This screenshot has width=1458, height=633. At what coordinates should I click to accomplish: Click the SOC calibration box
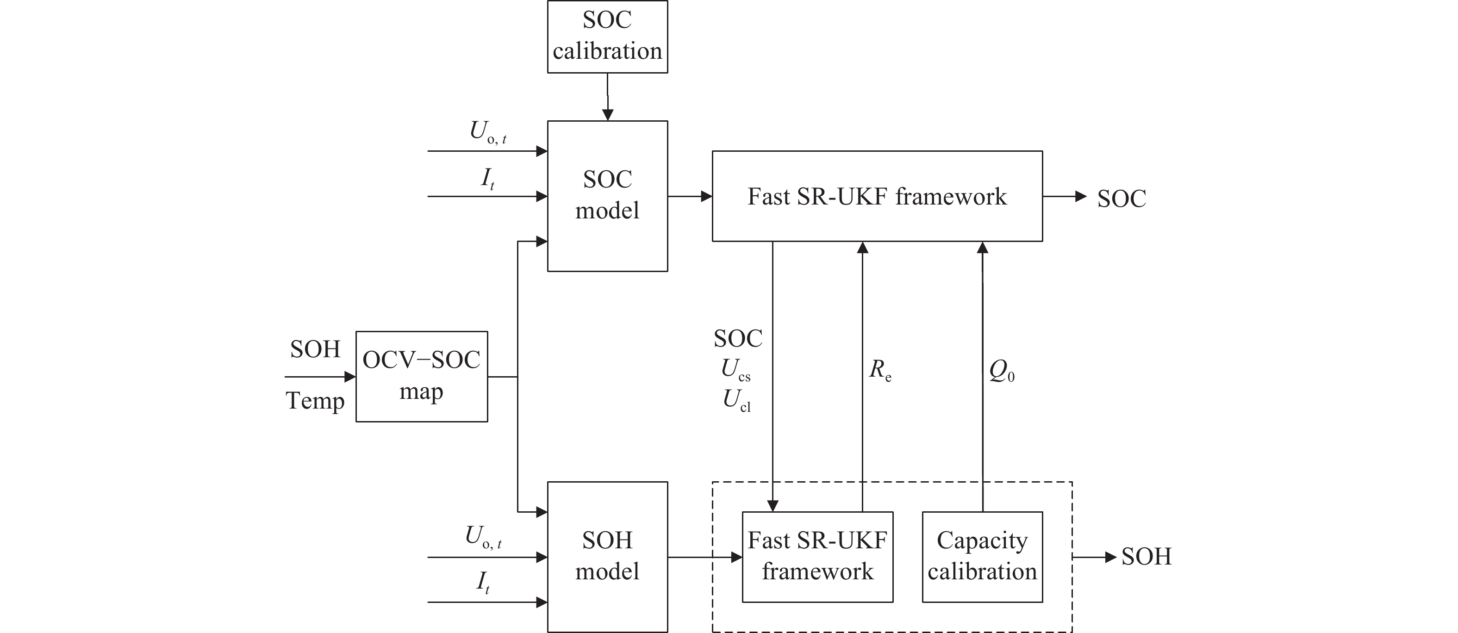pos(607,37)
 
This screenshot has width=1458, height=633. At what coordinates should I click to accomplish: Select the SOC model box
pos(607,196)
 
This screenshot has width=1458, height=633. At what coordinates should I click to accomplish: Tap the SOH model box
pos(607,557)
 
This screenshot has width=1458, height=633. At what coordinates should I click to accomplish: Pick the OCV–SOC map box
pos(422,376)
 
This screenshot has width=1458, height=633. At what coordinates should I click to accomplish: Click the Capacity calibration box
pos(982,557)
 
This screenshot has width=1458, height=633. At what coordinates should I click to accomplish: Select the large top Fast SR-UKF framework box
pos(877,196)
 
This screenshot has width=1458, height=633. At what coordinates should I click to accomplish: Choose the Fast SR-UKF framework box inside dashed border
pos(817,557)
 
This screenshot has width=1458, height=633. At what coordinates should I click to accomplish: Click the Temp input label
pos(315,401)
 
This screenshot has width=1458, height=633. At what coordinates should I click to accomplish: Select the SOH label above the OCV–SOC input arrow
pos(315,350)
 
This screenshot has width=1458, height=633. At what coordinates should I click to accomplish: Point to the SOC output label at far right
pos(1121,199)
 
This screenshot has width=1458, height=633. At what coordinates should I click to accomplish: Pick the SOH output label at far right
pos(1146,557)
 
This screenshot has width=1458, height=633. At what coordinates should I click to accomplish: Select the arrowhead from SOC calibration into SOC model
pos(607,115)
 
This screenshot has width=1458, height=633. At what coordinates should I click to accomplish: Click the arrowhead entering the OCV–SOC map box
pos(350,377)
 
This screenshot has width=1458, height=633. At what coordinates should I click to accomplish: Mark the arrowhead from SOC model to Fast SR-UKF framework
pos(706,196)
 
